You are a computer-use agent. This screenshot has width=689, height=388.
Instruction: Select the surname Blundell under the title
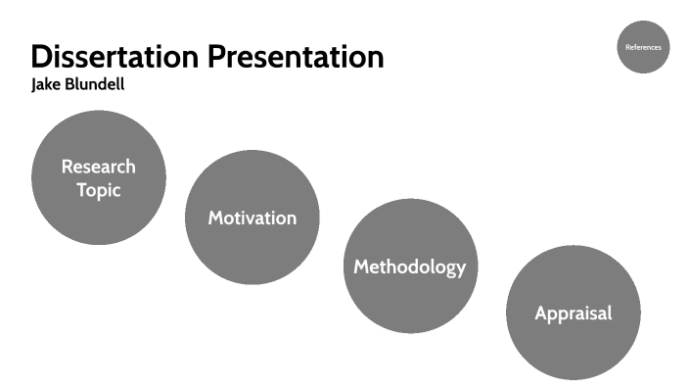coord(97,85)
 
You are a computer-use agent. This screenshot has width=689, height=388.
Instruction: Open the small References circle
coord(643,47)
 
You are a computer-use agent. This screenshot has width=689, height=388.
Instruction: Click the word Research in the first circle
coord(99,167)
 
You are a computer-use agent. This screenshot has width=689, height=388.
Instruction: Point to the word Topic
coord(99,190)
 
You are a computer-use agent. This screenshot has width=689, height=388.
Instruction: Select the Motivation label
coord(252,218)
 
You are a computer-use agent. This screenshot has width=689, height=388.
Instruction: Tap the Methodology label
coord(409,267)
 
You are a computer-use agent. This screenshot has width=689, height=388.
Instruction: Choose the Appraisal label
coord(573,314)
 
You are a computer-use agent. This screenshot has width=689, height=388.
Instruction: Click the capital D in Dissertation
coord(42,56)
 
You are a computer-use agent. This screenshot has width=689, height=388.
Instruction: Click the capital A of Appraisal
coord(541,314)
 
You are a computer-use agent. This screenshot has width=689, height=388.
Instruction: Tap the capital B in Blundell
coord(71,85)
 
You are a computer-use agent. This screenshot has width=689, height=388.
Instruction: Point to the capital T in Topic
coord(82,190)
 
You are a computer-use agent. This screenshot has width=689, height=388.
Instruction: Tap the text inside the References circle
coord(643,47)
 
